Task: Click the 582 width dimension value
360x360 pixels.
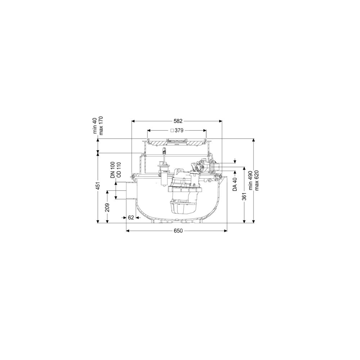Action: point(178,121)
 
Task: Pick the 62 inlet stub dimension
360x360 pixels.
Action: point(131,217)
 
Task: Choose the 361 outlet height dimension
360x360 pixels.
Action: point(244,197)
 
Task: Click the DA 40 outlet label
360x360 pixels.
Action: point(235,184)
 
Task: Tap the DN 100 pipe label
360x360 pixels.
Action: point(113,170)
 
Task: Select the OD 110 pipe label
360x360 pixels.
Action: point(119,170)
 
